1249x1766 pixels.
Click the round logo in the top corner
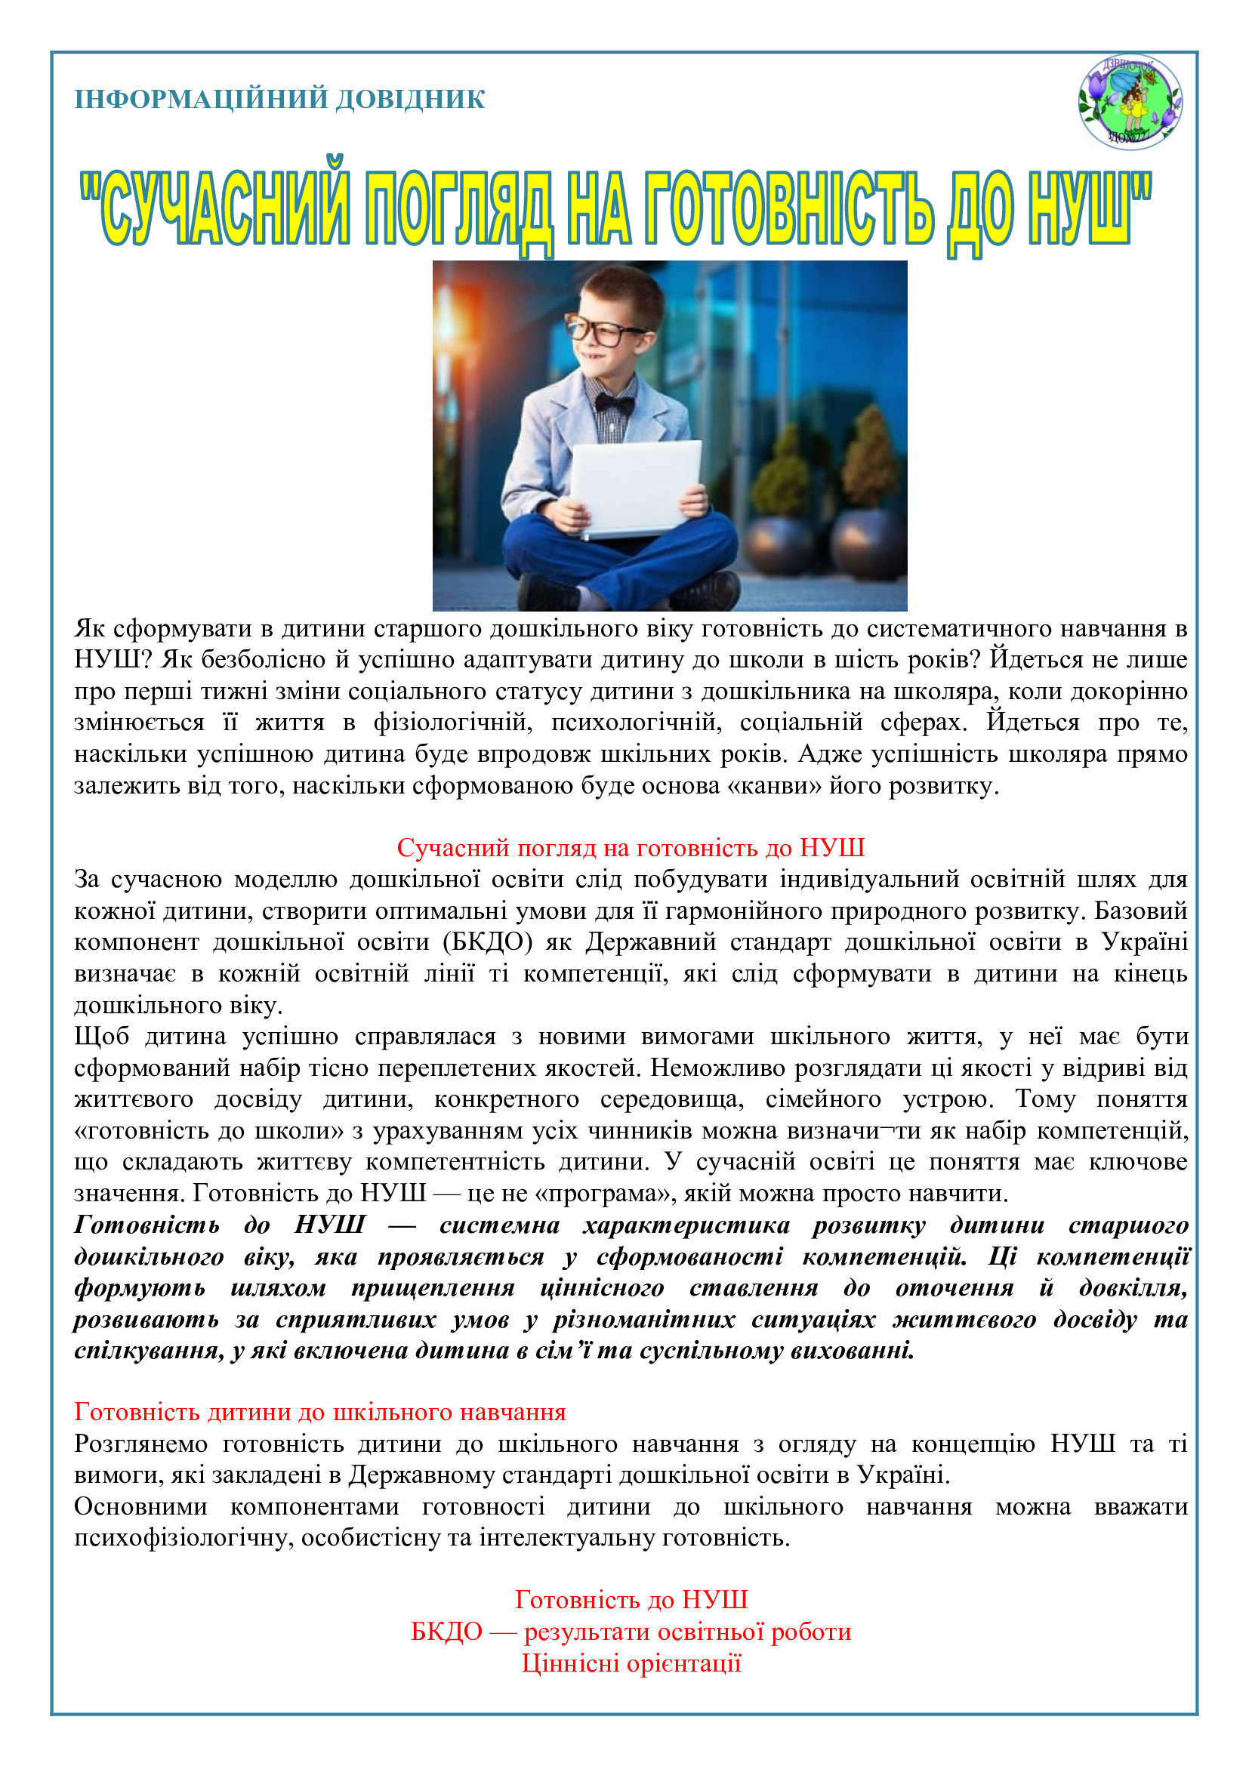(1130, 101)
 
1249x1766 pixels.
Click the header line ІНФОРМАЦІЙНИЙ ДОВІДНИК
(279, 99)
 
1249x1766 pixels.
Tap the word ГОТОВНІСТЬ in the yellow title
(788, 209)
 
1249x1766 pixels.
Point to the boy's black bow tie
(614, 403)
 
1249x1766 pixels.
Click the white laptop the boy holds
(636, 489)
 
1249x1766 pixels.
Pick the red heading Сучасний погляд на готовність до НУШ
(631, 848)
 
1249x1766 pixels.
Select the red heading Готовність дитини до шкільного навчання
(320, 1412)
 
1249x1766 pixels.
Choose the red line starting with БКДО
(631, 1632)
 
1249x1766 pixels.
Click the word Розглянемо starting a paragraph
(140, 1444)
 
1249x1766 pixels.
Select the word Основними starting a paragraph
(140, 1507)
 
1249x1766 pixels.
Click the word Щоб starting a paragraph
(101, 1037)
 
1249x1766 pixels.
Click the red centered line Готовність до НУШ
(631, 1600)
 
